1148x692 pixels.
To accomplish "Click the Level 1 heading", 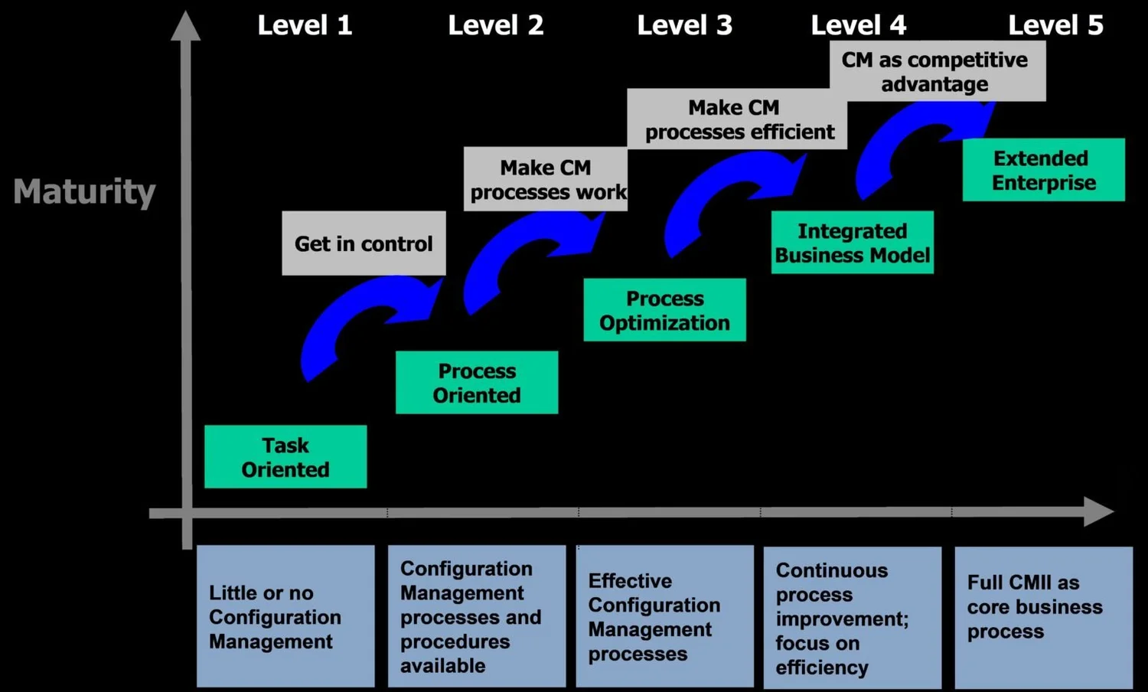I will (x=305, y=25).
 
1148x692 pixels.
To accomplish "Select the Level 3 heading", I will (x=684, y=25).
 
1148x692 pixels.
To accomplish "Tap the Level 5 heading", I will (x=1055, y=25).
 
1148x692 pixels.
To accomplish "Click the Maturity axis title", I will (x=84, y=191).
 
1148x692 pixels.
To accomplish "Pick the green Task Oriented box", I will (x=285, y=457).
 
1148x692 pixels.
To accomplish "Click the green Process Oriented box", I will (x=477, y=383).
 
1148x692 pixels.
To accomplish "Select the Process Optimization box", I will (x=664, y=310).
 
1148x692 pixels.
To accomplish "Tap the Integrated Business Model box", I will (x=852, y=243).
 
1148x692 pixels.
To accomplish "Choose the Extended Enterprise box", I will (x=1043, y=170).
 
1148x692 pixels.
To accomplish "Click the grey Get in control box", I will (x=364, y=243).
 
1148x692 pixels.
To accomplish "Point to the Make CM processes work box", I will (x=546, y=179).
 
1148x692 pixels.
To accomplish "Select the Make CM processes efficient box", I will (x=737, y=119).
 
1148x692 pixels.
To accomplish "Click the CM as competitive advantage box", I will (x=937, y=71).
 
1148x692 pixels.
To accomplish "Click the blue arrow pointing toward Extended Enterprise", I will (x=911, y=142).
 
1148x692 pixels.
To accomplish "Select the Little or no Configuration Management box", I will (x=285, y=616).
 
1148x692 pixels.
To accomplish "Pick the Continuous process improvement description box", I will (x=852, y=618).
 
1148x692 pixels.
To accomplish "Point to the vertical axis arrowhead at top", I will (x=186, y=27).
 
